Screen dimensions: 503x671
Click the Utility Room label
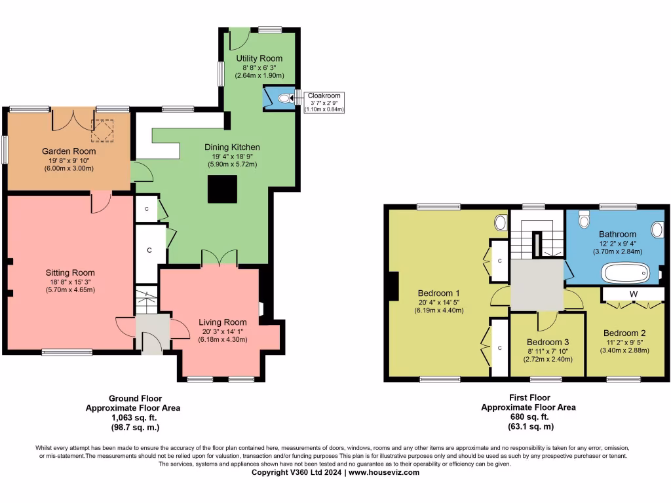(x=259, y=58)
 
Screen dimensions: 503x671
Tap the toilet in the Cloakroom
(x=284, y=99)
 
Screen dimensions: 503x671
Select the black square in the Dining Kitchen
(x=223, y=191)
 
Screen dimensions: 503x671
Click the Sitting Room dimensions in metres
(x=70, y=290)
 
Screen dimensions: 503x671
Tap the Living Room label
(x=223, y=322)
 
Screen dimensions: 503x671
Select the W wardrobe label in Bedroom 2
(x=633, y=294)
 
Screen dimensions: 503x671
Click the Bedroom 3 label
(x=548, y=342)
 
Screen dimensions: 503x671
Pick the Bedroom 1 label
(x=438, y=293)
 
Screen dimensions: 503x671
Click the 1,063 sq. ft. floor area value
(x=135, y=417)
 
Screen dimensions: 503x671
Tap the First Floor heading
(x=529, y=398)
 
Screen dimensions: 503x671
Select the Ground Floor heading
(x=135, y=398)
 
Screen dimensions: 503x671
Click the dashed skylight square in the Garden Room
(x=102, y=130)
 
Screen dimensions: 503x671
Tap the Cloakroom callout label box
(x=324, y=102)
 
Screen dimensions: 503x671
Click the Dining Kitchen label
(x=232, y=147)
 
